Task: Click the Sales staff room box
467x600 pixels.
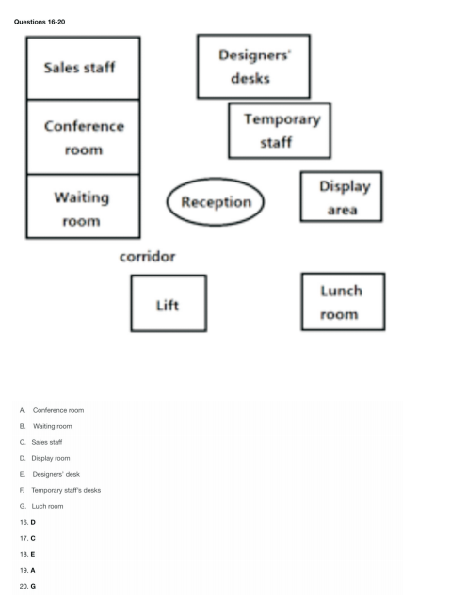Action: (x=83, y=68)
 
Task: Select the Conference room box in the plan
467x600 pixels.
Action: (x=83, y=137)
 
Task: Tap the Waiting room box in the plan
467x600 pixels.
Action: (x=83, y=206)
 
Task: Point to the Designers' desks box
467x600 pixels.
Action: (x=253, y=66)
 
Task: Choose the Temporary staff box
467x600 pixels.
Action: (x=280, y=131)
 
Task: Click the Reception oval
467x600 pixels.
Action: (x=216, y=201)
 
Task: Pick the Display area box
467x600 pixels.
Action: (x=342, y=197)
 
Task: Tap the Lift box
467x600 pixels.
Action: (x=169, y=303)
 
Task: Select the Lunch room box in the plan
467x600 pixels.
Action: (x=344, y=302)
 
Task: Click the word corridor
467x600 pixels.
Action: (x=148, y=257)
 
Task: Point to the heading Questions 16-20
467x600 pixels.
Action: (x=40, y=22)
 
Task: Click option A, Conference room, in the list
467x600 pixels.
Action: (x=52, y=410)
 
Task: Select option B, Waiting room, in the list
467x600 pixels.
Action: (x=45, y=426)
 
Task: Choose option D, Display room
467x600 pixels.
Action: (x=45, y=458)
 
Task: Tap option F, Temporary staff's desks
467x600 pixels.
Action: (x=60, y=490)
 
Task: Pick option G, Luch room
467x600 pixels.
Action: (x=41, y=506)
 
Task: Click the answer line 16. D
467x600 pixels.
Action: (x=27, y=522)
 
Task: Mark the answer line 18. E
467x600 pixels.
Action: (x=27, y=555)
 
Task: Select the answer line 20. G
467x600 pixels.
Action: (x=27, y=586)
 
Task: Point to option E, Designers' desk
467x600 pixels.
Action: (x=50, y=475)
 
